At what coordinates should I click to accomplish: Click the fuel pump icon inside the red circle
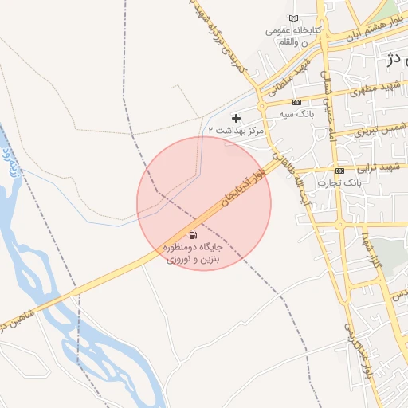193,236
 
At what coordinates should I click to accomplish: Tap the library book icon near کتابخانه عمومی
294,19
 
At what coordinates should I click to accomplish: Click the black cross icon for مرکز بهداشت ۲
236,118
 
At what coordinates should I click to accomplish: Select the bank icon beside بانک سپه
297,103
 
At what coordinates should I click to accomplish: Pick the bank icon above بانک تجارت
340,171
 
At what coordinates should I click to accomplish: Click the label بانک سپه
295,115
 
